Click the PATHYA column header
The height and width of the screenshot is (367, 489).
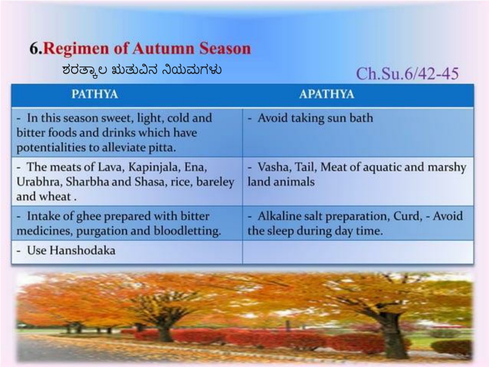click(95, 94)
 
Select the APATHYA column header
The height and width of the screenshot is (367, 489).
click(327, 94)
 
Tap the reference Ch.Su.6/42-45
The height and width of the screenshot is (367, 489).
click(407, 74)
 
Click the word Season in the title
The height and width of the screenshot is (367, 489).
click(225, 48)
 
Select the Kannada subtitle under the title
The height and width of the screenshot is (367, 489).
click(142, 69)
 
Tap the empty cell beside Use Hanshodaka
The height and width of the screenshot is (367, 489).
click(358, 252)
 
